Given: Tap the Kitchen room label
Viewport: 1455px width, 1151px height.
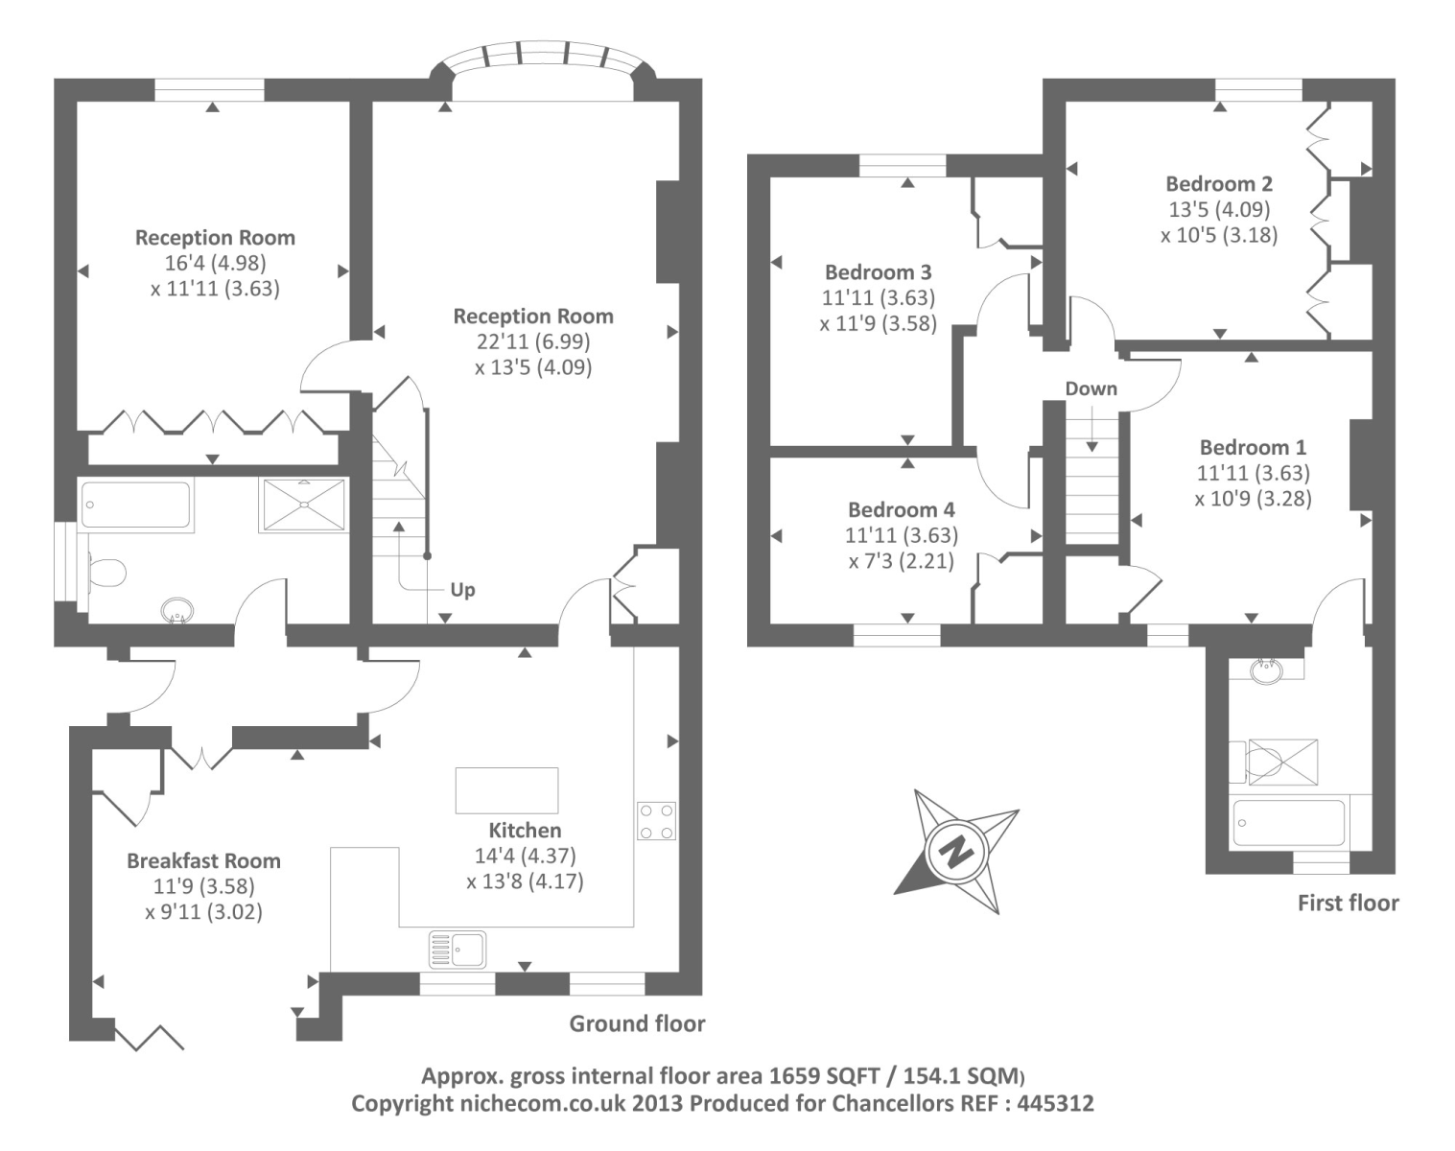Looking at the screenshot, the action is [x=525, y=830].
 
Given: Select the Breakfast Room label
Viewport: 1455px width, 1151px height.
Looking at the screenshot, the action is [x=203, y=861].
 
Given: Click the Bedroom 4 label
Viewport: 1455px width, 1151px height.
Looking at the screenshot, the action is [x=902, y=509].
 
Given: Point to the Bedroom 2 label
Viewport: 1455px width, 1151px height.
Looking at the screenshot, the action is [x=1219, y=183].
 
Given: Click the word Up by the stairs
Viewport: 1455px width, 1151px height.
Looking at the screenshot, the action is [x=462, y=590].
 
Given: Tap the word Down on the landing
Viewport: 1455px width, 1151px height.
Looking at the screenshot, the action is [x=1091, y=388].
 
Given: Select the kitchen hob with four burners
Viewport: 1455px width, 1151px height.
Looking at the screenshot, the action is [x=656, y=820].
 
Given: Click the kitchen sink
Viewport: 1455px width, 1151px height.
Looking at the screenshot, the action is [x=458, y=949].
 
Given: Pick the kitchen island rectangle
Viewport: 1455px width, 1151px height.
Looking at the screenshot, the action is [x=507, y=790].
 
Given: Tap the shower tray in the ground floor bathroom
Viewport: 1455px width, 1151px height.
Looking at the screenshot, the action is [x=304, y=505].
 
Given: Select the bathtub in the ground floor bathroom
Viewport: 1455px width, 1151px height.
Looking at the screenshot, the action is [x=136, y=504].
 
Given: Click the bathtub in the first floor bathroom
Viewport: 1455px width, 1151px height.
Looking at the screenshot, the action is [x=1289, y=822].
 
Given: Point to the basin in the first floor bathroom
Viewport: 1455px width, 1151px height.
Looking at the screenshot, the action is [x=1266, y=669].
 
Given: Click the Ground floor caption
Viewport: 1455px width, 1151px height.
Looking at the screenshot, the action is [x=637, y=1023].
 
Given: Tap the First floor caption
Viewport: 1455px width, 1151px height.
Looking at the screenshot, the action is [x=1349, y=903].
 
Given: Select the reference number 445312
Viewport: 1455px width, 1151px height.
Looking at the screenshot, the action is [x=1055, y=1104].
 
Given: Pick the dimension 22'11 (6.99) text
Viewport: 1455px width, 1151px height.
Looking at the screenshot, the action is [x=533, y=341].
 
